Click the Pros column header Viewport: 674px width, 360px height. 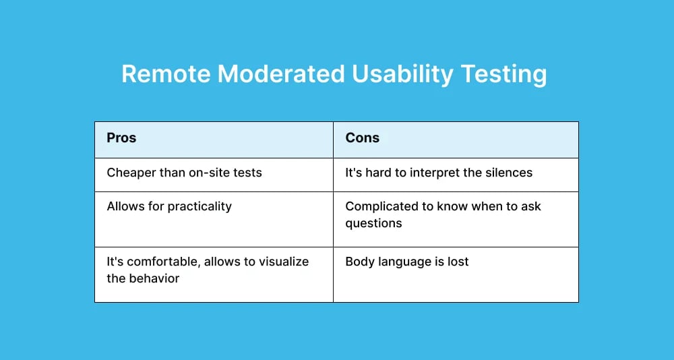tap(121, 138)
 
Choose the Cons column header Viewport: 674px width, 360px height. tap(363, 138)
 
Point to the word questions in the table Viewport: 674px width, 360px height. tap(374, 223)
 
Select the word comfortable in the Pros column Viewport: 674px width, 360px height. tap(163, 262)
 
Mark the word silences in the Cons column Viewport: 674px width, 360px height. tap(510, 173)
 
